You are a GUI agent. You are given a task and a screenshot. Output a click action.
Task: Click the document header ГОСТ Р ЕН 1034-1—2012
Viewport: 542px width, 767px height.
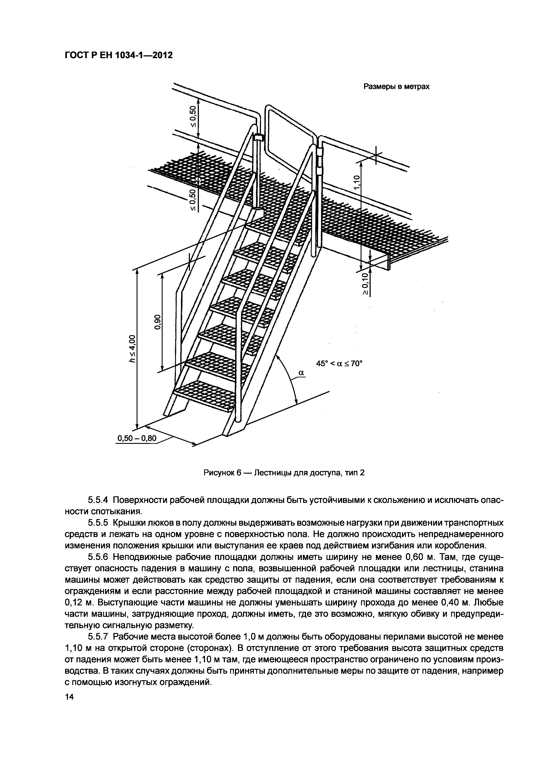(x=118, y=55)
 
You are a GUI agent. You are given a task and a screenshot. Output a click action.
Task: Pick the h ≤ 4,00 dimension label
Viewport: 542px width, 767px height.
(x=133, y=349)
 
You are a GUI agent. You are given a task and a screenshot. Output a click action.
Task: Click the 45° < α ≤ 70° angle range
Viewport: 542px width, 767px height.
(x=339, y=363)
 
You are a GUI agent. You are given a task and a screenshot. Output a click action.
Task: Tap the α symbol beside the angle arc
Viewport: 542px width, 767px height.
(x=301, y=373)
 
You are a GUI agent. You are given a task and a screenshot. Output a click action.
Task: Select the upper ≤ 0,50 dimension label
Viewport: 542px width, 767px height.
(x=193, y=116)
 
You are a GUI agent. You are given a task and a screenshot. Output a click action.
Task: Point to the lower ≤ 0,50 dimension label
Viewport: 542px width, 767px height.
(x=193, y=200)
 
